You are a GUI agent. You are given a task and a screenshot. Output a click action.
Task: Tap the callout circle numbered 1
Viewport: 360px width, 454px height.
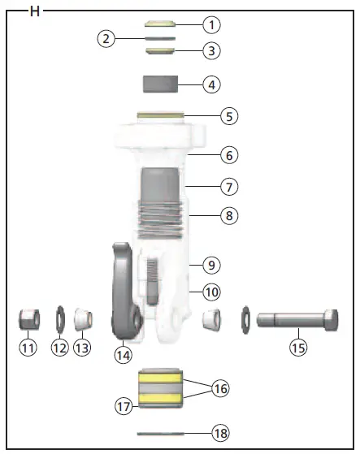pos(211,24)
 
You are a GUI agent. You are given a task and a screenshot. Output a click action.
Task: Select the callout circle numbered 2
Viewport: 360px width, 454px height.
pos(106,38)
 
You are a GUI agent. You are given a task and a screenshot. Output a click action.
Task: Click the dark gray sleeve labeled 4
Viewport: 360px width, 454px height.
pos(161,84)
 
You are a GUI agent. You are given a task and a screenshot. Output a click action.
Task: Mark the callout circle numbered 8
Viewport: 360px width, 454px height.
pos(230,216)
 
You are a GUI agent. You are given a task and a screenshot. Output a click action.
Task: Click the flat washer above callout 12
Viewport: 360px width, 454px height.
pos(59,318)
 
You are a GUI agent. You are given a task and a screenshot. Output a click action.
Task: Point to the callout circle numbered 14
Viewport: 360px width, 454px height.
pos(123,354)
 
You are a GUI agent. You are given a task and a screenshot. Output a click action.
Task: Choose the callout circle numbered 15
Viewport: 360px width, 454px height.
pos(300,348)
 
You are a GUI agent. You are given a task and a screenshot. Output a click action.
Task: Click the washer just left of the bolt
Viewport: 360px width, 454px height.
pos(246,318)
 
